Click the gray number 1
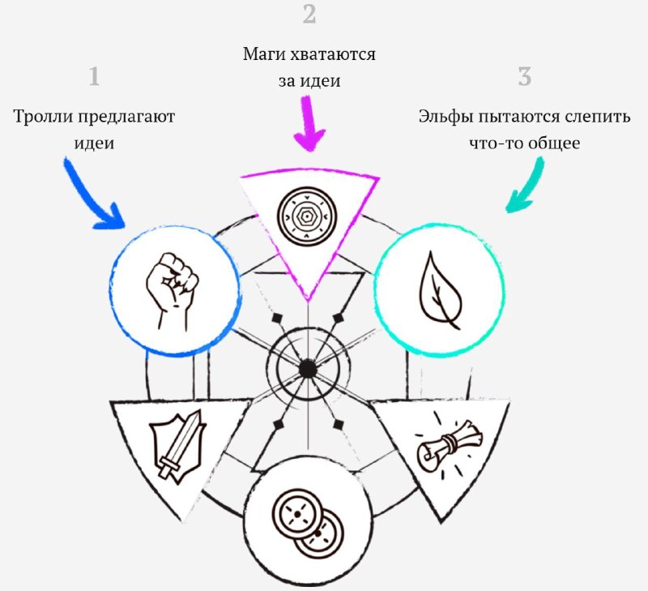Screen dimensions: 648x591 (x=94, y=76)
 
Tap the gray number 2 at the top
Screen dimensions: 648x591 (x=309, y=14)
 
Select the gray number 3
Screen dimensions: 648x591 (x=524, y=76)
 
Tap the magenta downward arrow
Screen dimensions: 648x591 (x=309, y=123)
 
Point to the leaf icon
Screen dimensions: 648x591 (x=440, y=291)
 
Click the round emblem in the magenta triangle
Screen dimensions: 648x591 (x=307, y=216)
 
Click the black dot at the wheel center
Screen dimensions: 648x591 (x=308, y=369)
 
